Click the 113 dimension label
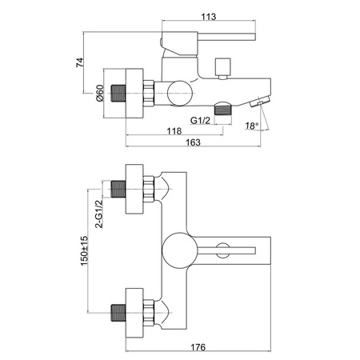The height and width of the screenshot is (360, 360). click(x=208, y=17)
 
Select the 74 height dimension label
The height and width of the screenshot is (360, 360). click(x=80, y=62)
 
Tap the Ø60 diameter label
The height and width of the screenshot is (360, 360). click(x=100, y=93)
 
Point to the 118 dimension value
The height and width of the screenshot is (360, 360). click(x=174, y=131)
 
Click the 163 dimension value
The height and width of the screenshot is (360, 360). click(x=193, y=142)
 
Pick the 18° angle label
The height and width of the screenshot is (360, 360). click(x=252, y=126)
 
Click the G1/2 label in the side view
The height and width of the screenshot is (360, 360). click(x=200, y=120)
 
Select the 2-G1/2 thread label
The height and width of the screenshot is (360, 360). click(x=99, y=214)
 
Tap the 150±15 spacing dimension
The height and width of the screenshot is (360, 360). click(x=84, y=250)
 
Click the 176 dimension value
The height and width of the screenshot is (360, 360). click(x=198, y=347)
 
